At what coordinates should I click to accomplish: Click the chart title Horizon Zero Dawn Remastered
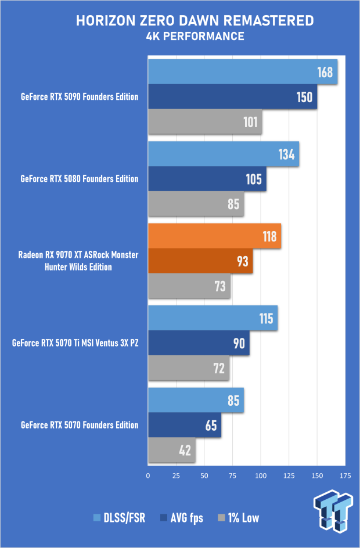pyautogui.click(x=195, y=21)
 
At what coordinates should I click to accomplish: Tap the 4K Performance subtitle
pyautogui.click(x=195, y=37)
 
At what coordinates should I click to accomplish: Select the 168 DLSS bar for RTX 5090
pyautogui.click(x=242, y=73)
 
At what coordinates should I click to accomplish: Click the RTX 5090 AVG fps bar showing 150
pyautogui.click(x=232, y=97)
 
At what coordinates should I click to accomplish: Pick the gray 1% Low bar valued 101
pyautogui.click(x=204, y=122)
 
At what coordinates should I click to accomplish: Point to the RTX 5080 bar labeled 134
pyautogui.click(x=223, y=154)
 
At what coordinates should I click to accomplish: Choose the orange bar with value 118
pyautogui.click(x=214, y=236)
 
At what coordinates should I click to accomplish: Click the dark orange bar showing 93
pyautogui.click(x=200, y=261)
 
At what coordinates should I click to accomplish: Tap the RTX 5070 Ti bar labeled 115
pyautogui.click(x=213, y=318)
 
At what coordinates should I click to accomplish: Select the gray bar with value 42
pyautogui.click(x=171, y=449)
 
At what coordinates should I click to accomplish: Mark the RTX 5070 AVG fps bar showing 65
pyautogui.click(x=184, y=425)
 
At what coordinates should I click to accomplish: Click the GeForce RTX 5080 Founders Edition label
pyautogui.click(x=80, y=179)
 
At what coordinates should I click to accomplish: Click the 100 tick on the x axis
pyautogui.click(x=260, y=475)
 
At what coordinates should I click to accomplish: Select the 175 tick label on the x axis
pyautogui.click(x=345, y=475)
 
